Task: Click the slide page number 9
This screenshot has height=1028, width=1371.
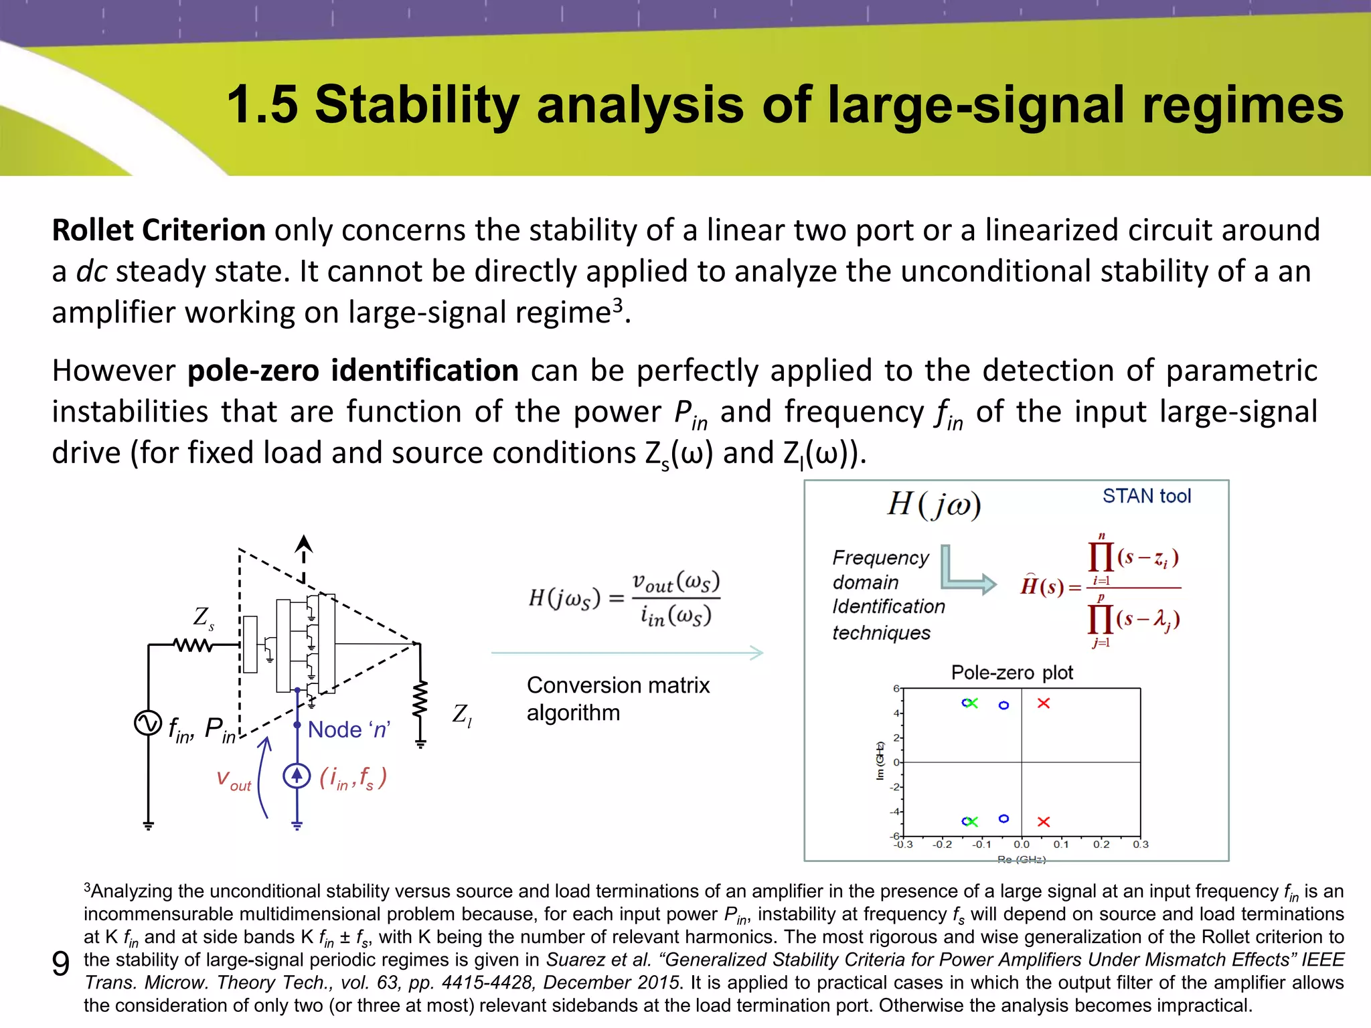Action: (x=60, y=964)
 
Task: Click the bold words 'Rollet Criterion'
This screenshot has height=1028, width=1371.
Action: (x=159, y=230)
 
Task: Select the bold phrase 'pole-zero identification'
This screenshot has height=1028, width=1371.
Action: (x=353, y=371)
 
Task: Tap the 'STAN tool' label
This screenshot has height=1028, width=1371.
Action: (x=1147, y=496)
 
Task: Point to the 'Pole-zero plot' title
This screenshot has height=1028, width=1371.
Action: (x=1012, y=672)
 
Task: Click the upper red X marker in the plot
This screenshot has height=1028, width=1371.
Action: (x=1043, y=703)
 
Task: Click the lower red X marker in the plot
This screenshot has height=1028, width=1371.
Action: (x=1043, y=821)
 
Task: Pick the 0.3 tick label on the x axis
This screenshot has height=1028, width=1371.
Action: (x=1140, y=845)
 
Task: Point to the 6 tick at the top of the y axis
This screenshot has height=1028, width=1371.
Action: (x=896, y=689)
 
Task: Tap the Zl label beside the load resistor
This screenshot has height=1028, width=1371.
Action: (x=462, y=715)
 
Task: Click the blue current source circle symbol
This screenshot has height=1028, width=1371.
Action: (x=297, y=776)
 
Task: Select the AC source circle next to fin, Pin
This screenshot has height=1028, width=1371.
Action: (x=148, y=723)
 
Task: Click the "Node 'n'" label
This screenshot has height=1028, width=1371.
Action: (x=349, y=730)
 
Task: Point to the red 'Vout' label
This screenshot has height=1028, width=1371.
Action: (x=234, y=780)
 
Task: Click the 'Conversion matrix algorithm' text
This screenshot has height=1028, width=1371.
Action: (x=617, y=699)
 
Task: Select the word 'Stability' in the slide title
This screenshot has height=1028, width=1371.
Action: (x=417, y=105)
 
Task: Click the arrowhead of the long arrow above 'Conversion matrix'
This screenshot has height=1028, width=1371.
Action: (x=757, y=653)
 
